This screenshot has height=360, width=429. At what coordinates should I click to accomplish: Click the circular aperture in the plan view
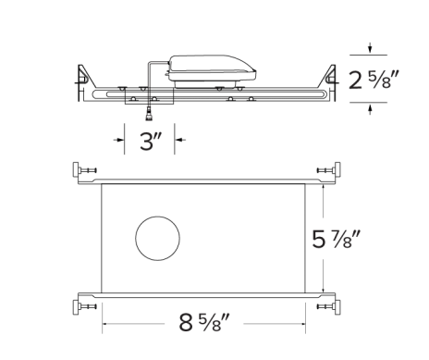tap(156, 239)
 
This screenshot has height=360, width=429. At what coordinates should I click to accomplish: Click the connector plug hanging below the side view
tap(148, 116)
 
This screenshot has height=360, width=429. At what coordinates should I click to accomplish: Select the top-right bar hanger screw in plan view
tap(325, 170)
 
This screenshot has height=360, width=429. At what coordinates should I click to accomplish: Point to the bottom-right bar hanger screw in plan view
tap(325, 304)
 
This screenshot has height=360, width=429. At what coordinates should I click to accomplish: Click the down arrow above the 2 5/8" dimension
tap(371, 48)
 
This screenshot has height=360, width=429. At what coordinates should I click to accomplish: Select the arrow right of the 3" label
tap(178, 141)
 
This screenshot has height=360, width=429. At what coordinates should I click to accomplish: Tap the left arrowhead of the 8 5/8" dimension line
tap(105, 325)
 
